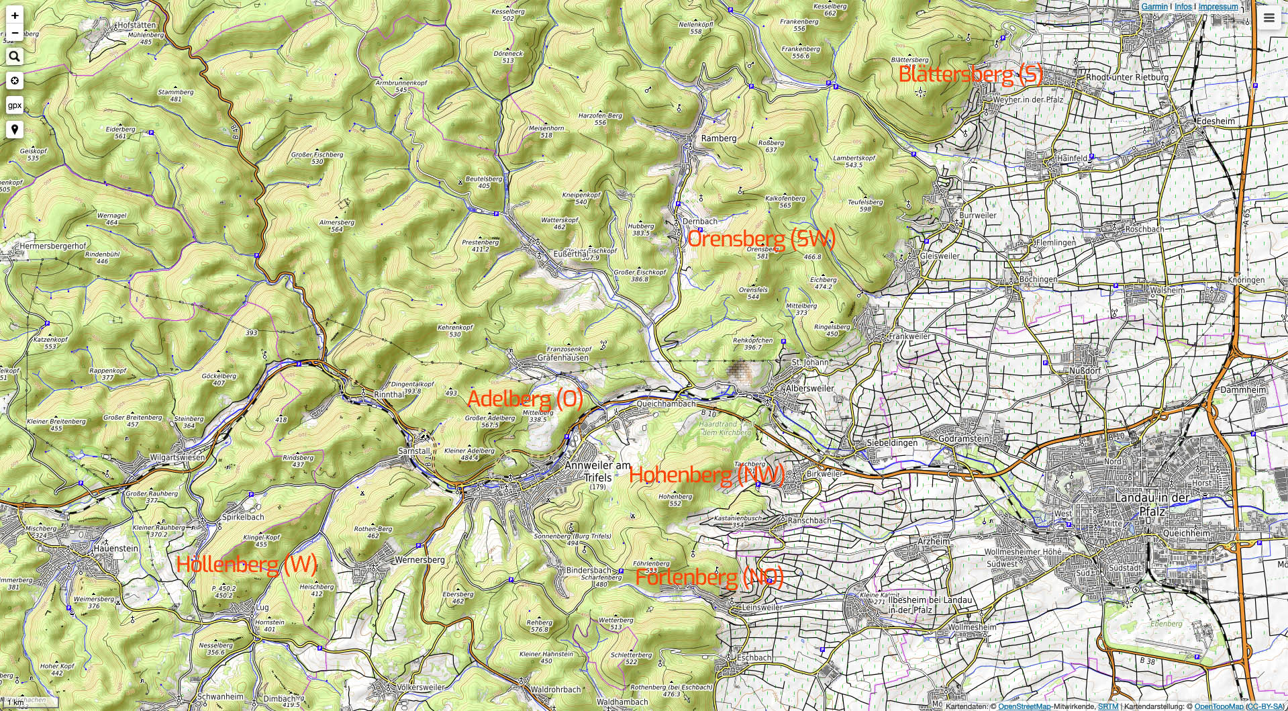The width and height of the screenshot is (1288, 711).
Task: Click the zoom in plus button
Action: click(x=15, y=15)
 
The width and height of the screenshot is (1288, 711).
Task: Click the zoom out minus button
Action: click(x=15, y=32)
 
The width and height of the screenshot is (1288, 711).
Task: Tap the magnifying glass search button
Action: click(x=15, y=57)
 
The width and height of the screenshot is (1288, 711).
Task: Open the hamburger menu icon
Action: click(x=1269, y=18)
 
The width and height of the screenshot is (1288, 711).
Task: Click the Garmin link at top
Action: click(x=1154, y=7)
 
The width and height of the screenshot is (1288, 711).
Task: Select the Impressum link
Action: click(x=1218, y=7)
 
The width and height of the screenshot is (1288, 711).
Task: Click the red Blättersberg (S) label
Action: click(x=971, y=74)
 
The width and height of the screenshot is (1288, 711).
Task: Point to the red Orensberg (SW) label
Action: click(x=761, y=238)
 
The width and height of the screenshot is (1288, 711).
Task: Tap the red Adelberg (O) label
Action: click(x=525, y=399)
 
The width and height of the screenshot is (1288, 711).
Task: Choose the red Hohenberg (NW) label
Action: click(x=706, y=475)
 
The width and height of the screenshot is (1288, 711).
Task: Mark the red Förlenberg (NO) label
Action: click(x=709, y=577)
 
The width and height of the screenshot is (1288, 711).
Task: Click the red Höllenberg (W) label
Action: click(x=246, y=564)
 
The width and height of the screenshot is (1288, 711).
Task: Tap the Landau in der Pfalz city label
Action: click(x=1152, y=504)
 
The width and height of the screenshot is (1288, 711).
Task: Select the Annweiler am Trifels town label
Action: click(x=597, y=471)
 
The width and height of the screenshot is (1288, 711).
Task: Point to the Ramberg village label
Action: click(x=719, y=138)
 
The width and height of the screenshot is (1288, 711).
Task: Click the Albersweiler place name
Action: click(x=810, y=389)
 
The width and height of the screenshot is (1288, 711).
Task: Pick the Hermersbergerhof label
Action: click(x=53, y=246)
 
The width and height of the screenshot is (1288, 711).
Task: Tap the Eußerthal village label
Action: click(x=571, y=254)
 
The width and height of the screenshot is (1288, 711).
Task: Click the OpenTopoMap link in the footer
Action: click(x=1219, y=706)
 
